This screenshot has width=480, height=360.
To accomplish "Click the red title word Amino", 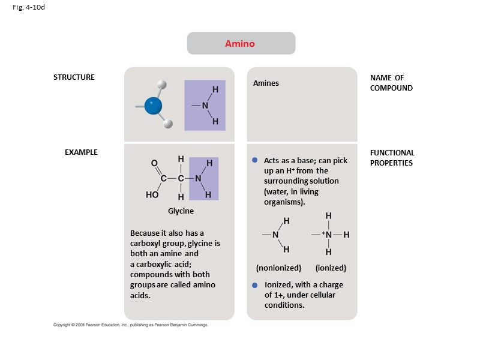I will click(240, 44).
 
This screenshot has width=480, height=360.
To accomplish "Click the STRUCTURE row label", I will click(74, 77).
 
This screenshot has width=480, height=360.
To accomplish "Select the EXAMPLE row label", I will click(81, 152).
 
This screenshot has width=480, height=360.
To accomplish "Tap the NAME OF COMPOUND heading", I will click(391, 83).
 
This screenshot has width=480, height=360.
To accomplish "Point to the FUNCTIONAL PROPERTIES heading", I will click(392, 158).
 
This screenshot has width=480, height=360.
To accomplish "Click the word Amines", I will click(266, 83).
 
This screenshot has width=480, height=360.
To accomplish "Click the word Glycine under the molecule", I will click(181, 211).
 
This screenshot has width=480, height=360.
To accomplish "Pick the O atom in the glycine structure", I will click(154, 163).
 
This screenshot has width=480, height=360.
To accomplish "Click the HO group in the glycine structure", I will click(152, 195).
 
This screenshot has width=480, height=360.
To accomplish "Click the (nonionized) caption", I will click(278, 268).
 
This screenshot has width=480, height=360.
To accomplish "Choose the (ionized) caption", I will click(331, 268).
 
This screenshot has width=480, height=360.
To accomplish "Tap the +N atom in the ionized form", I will click(327, 234).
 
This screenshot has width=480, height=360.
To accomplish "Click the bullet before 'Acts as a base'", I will click(254, 160).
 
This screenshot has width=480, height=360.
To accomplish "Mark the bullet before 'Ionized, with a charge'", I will click(254, 285).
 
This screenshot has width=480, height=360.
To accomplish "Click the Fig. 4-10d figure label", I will click(25, 8).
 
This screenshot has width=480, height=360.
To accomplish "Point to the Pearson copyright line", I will click(131, 325).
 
